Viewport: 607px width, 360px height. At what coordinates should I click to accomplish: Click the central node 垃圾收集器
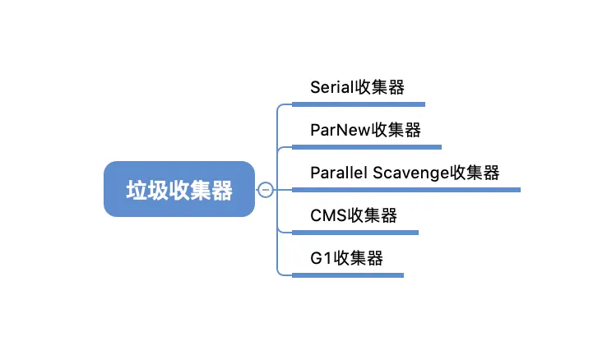click(178, 190)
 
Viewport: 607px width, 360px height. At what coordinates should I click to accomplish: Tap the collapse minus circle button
click(265, 190)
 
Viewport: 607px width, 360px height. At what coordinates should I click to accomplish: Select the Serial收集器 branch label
click(357, 88)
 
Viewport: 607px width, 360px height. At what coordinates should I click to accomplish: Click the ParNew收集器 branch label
click(366, 131)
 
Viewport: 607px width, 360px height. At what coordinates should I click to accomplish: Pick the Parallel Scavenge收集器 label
click(405, 173)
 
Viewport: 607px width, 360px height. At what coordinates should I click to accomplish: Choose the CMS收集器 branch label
click(354, 216)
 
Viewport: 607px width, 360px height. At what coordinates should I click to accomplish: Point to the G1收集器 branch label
click(347, 259)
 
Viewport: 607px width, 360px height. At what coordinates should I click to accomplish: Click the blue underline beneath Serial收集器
click(358, 104)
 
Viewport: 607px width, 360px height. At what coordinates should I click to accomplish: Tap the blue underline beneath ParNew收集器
click(367, 147)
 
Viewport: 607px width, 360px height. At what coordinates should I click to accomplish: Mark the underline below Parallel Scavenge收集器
click(406, 190)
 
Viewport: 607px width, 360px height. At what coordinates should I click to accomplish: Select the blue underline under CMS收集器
click(354, 233)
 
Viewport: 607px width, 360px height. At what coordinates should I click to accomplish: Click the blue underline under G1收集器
click(348, 275)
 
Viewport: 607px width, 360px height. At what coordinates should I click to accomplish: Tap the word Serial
click(331, 88)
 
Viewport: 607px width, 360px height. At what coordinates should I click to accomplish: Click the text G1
click(321, 259)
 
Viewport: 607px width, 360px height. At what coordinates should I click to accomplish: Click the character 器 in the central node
click(221, 191)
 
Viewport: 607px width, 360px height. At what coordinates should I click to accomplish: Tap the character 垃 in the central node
click(137, 191)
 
